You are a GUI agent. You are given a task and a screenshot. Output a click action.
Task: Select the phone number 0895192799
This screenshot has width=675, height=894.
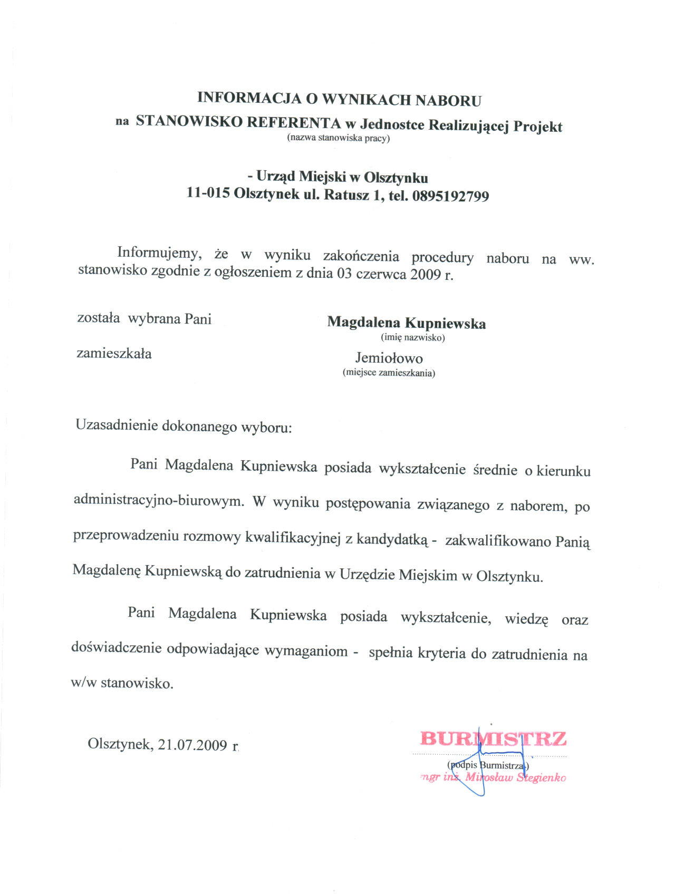[451, 196]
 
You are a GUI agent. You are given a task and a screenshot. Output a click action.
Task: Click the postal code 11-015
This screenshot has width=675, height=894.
[208, 193]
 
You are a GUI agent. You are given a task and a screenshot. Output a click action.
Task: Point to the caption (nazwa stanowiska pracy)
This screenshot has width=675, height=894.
[338, 139]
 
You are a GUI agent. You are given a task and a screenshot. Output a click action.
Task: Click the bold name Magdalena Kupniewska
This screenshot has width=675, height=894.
[406, 323]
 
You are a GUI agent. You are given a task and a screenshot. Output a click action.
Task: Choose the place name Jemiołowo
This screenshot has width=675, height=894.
[389, 358]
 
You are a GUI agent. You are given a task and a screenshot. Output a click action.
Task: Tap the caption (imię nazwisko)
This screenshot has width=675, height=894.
[412, 338]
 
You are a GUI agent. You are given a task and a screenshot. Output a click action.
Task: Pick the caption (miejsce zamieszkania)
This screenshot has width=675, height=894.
[389, 373]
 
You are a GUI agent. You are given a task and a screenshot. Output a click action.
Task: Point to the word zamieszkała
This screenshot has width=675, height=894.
[114, 354]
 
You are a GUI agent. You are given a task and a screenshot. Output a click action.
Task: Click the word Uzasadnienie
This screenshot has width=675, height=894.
[117, 425]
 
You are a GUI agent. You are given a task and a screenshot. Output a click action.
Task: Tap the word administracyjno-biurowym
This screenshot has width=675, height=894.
[159, 500]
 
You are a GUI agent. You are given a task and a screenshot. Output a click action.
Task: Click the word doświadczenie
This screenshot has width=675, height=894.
[116, 648]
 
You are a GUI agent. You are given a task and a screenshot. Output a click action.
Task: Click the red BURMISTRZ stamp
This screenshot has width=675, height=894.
[493, 739]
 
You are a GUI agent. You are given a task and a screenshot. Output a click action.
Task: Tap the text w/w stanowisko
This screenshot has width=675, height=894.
[122, 683]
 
